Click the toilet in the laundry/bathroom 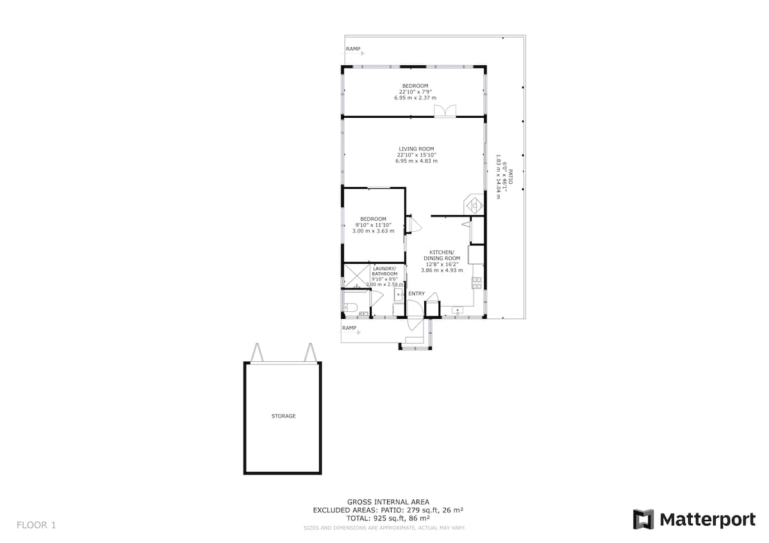(x=350, y=307)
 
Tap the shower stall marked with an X (x=357, y=276)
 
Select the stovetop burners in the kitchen (x=477, y=282)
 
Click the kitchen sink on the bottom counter (x=458, y=311)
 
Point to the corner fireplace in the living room (x=474, y=205)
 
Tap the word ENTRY (x=417, y=294)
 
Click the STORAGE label (x=283, y=416)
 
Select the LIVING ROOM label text (x=417, y=149)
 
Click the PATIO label (x=511, y=176)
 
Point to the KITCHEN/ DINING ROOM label (x=442, y=255)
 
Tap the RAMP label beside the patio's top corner (x=353, y=49)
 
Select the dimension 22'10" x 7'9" (x=415, y=92)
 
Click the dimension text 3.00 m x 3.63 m (x=373, y=231)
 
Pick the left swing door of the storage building (x=257, y=352)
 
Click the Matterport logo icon (x=643, y=519)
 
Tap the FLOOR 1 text (x=36, y=525)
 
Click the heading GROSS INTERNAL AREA (x=388, y=502)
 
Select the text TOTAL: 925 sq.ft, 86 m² (x=388, y=518)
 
